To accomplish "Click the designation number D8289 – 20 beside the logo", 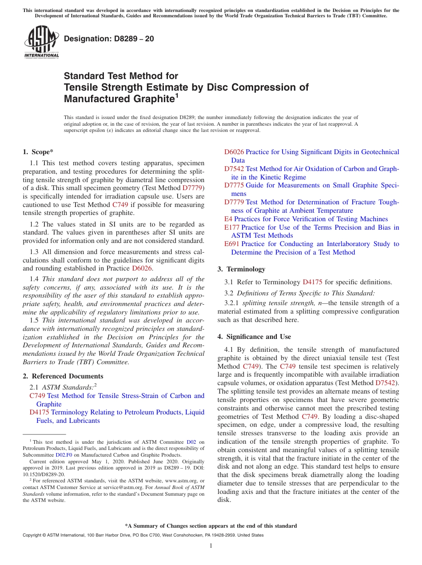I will click(109, 39).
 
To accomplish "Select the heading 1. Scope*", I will click(38, 152).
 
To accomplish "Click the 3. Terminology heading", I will click(241, 269).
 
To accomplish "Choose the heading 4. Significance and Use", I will click(254, 337).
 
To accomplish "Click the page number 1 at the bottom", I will click(211, 546).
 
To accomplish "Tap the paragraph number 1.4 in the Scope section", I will click(34, 279).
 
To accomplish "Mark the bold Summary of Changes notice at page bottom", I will click(211, 526).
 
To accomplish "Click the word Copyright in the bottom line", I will click(32, 536).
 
